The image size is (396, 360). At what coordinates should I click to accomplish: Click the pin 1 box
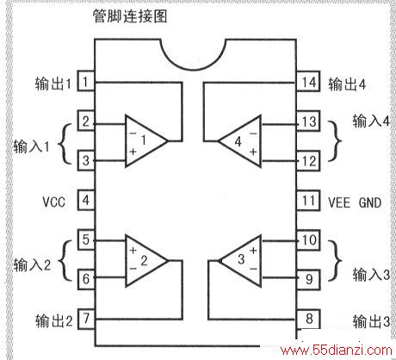[x=86, y=81]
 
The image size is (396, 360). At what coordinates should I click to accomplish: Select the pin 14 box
[x=308, y=81]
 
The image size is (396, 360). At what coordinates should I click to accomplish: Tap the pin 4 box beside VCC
[x=86, y=200]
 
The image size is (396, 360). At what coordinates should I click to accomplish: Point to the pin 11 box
[x=308, y=200]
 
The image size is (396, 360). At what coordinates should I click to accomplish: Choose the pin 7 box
[x=86, y=319]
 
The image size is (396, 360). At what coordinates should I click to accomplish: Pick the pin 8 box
[x=308, y=319]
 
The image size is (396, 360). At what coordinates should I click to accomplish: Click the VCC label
[x=54, y=202]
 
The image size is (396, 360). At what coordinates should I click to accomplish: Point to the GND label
[x=370, y=202]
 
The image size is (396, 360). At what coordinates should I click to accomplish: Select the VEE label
[x=339, y=202]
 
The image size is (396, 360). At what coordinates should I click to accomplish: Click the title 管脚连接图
[x=130, y=16]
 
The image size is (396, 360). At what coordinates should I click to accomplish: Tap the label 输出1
[x=53, y=84]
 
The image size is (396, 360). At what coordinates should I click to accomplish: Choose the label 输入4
[x=371, y=121]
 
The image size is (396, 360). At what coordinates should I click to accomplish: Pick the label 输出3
[x=371, y=321]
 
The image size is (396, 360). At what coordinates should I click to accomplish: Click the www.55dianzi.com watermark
[x=337, y=351]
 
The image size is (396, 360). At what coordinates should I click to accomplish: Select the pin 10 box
[x=308, y=240]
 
